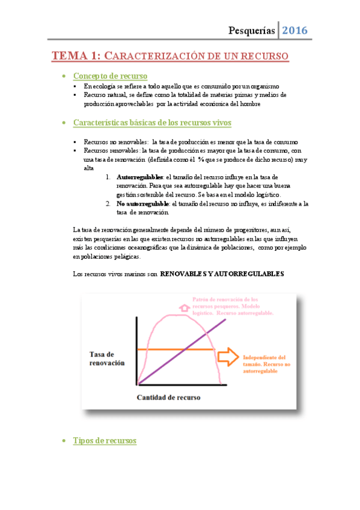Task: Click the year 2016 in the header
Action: (x=294, y=30)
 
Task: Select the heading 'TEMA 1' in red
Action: (x=75, y=57)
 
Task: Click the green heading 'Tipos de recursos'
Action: (x=105, y=441)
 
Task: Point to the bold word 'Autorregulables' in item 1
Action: (x=139, y=178)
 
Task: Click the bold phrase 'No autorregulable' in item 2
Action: (x=142, y=204)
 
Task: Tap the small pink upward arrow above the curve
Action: (x=184, y=307)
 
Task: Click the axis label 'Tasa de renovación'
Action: (x=107, y=358)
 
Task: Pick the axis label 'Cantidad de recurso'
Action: (x=168, y=398)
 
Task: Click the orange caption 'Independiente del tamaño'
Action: (x=266, y=364)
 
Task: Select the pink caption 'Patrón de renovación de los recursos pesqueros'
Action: (x=233, y=306)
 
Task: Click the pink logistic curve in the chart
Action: (x=159, y=325)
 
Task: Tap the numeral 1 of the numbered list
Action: (x=108, y=178)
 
